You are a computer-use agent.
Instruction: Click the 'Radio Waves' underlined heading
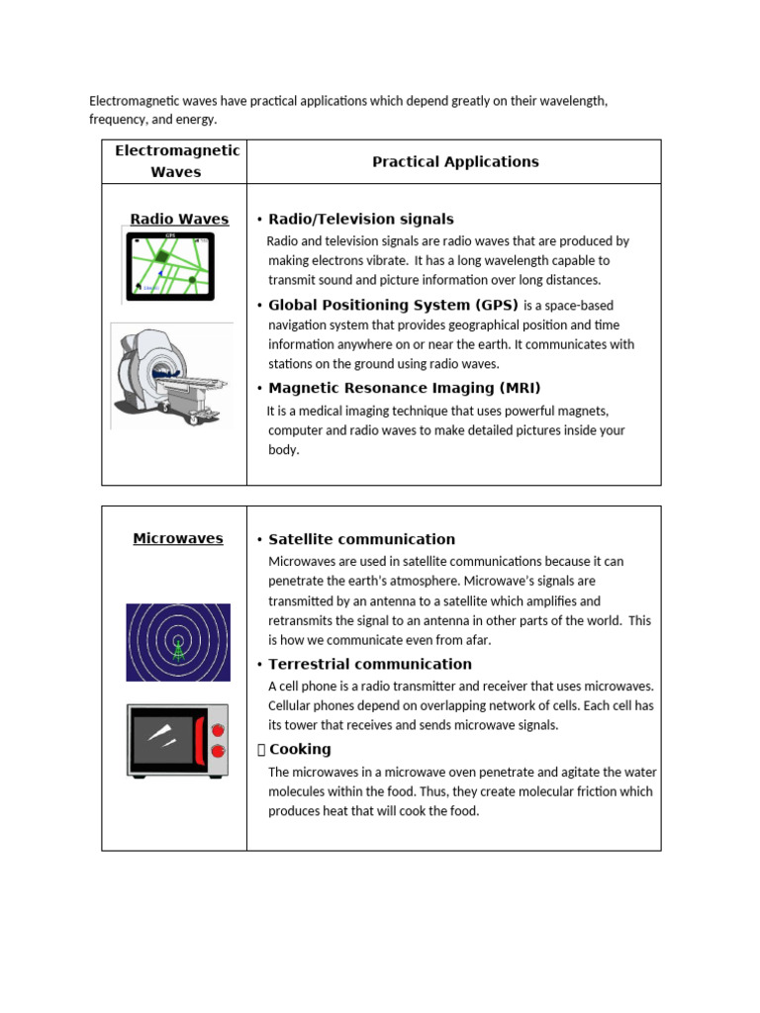(x=179, y=219)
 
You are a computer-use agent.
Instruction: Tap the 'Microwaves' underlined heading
(x=178, y=539)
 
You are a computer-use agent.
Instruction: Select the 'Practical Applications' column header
(x=455, y=161)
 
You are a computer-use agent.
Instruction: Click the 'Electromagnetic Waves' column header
(x=176, y=161)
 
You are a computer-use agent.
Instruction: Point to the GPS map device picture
(x=169, y=266)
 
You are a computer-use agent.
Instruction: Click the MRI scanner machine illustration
(x=171, y=375)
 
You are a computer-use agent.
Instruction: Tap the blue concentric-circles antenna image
(x=178, y=642)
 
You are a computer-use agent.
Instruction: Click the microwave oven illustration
(x=177, y=740)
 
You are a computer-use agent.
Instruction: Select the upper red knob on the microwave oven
(x=218, y=729)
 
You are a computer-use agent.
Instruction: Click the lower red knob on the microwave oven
(x=218, y=752)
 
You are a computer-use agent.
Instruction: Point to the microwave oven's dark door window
(x=162, y=738)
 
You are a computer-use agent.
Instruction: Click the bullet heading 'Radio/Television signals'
(x=360, y=219)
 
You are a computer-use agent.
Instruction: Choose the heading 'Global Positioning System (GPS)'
(x=393, y=305)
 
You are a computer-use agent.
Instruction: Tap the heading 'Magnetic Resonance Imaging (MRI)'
(x=405, y=388)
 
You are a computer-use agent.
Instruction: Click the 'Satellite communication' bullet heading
(x=361, y=539)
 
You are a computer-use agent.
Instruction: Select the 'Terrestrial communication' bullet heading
(x=369, y=664)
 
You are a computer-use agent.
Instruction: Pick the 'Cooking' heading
(x=300, y=749)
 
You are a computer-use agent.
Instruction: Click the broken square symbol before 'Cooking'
(x=261, y=750)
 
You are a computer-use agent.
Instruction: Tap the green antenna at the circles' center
(x=178, y=649)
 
